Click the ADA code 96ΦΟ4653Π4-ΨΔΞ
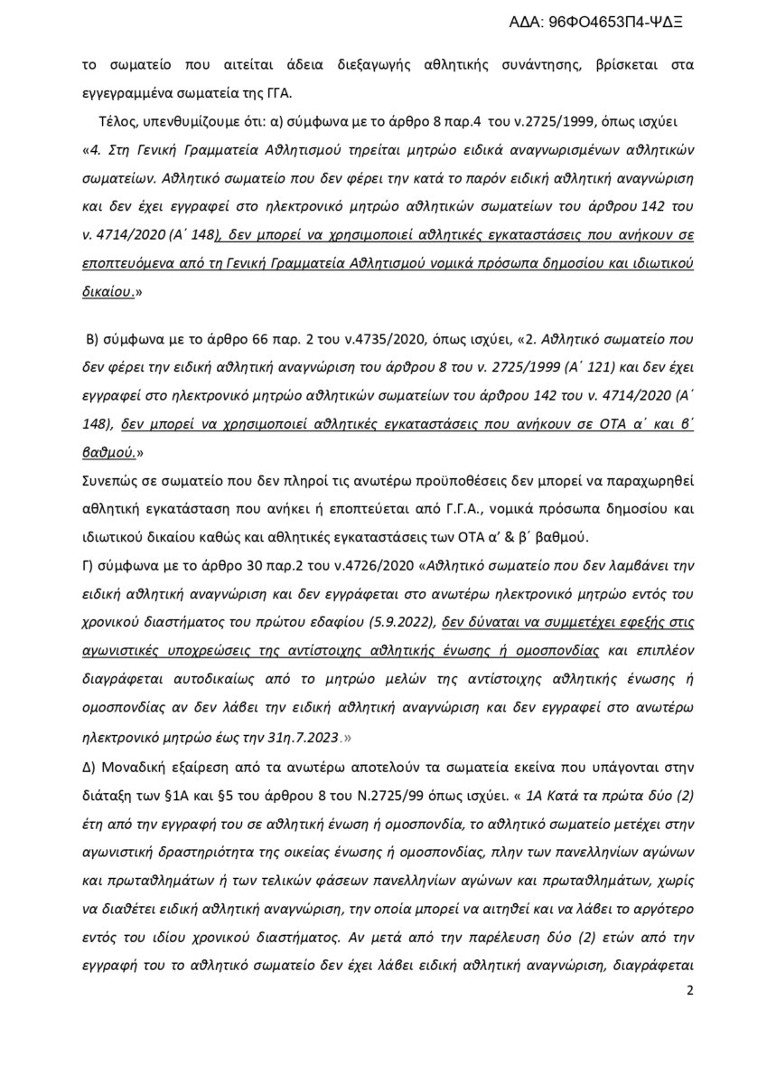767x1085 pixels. point(615,25)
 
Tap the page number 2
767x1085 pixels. point(689,1016)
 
